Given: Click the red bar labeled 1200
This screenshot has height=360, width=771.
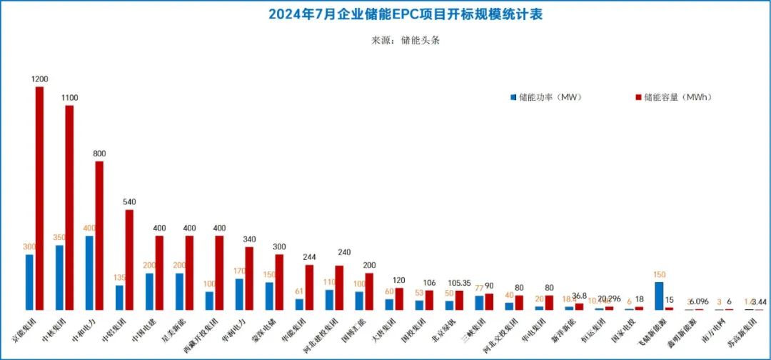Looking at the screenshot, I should pos(39,198).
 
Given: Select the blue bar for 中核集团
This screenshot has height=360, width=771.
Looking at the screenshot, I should pos(59,277).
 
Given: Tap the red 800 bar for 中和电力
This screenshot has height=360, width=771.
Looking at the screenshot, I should pos(99,235).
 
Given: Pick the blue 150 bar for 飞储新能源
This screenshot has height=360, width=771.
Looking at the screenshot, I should pos(659,295).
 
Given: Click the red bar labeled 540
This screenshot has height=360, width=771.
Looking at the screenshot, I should pos(129,259).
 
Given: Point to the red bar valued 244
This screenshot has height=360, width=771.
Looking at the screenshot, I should pos(309,287).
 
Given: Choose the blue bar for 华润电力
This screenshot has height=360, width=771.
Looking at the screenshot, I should pos(239,294).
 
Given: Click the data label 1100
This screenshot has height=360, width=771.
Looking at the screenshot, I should pos(70,98).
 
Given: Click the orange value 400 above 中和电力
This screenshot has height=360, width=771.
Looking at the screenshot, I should pos(90,229).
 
